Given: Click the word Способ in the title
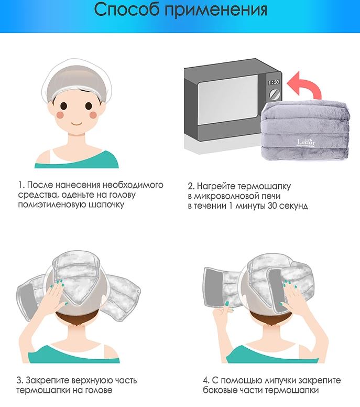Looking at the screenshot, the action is (x=127, y=10).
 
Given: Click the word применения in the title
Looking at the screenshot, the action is (x=216, y=10).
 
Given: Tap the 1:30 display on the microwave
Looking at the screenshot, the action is (x=274, y=82).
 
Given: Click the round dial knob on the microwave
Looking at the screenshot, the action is (x=275, y=94).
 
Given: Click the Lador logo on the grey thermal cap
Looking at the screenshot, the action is (x=307, y=143).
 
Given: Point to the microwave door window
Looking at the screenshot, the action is (x=228, y=100).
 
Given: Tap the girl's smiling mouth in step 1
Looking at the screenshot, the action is (x=77, y=123).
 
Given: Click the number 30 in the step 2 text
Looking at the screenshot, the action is (x=273, y=206).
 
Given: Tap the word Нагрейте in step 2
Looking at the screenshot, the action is (x=216, y=186).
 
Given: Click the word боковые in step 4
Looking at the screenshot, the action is (x=219, y=390).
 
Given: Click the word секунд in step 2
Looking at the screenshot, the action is (x=294, y=206).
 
